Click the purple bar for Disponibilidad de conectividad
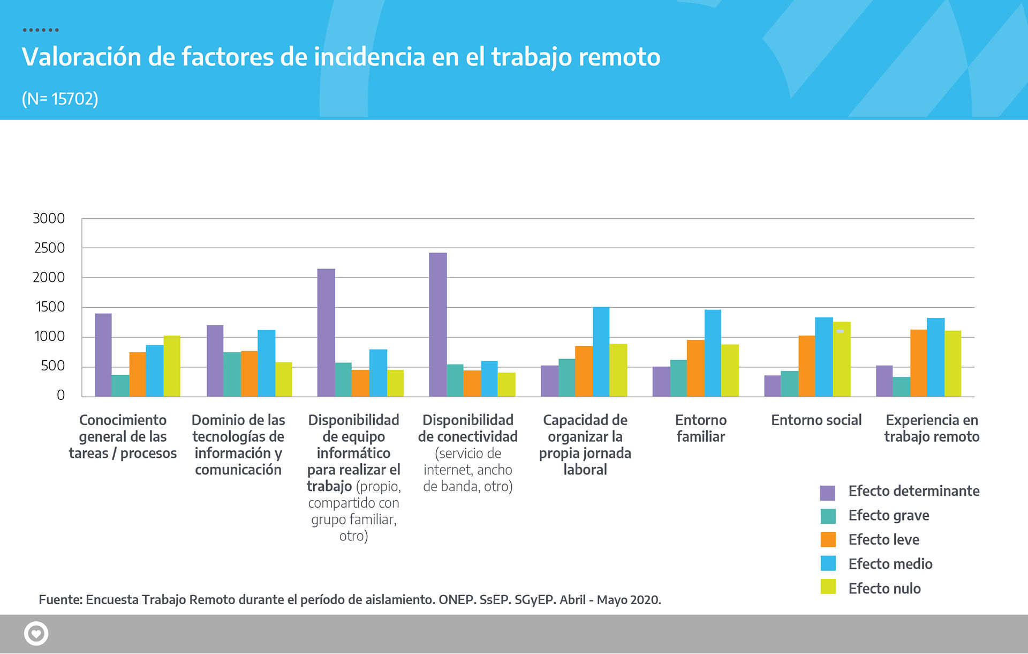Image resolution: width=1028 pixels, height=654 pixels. tap(437, 324)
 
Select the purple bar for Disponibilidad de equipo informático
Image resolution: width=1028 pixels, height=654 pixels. tap(326, 332)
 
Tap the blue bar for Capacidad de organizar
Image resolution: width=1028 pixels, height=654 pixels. tap(601, 352)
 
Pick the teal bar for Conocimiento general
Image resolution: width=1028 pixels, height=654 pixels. tap(120, 385)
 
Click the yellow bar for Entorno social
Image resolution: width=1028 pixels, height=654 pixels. tap(842, 359)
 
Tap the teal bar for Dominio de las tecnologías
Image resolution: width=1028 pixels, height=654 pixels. tap(232, 374)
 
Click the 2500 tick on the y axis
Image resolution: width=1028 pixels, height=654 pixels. tap(49, 248)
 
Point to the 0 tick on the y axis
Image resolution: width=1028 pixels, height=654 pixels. tap(61, 395)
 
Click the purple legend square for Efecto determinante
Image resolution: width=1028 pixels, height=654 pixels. tap(828, 492)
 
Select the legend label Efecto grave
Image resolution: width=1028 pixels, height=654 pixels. tap(888, 516)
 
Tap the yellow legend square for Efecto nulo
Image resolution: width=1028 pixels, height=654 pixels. tap(828, 587)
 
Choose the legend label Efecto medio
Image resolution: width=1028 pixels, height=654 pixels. tap(890, 564)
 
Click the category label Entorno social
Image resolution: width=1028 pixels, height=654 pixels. tap(816, 420)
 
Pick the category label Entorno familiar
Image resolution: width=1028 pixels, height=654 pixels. tap(700, 428)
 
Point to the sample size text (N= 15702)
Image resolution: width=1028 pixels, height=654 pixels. tap(60, 99)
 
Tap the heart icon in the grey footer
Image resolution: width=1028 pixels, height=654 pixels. tap(36, 634)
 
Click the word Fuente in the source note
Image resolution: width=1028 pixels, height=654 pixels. tap(60, 599)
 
